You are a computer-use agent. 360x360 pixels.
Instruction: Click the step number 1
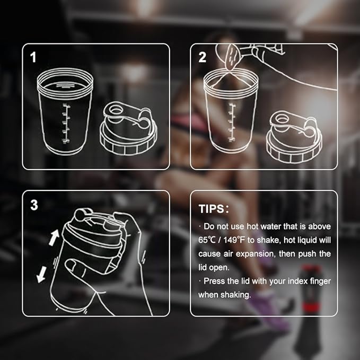[x=33, y=57]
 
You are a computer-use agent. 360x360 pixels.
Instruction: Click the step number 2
[x=202, y=57]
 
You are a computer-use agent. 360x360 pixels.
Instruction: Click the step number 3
[x=34, y=205]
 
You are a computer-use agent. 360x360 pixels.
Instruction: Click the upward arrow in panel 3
[x=54, y=238]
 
